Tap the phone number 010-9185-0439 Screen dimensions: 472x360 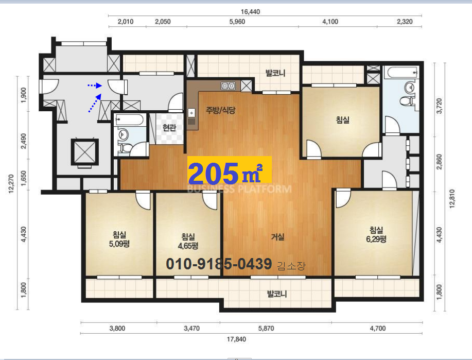[219, 264]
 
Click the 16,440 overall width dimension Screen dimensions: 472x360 [250, 12]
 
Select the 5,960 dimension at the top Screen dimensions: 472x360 [237, 22]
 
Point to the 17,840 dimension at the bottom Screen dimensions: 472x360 [236, 339]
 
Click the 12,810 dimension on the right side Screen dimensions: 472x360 [452, 199]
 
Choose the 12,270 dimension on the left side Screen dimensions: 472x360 [11, 184]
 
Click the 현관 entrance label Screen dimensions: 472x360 [169, 128]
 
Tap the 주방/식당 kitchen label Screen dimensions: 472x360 [221, 110]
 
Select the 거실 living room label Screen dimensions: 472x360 [277, 237]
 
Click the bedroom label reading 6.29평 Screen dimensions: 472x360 [376, 235]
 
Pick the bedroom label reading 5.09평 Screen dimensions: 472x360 [119, 239]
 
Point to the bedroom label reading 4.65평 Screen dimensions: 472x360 [188, 242]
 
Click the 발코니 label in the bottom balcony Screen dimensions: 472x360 [277, 294]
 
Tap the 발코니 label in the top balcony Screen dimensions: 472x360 [275, 73]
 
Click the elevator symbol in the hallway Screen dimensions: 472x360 [85, 152]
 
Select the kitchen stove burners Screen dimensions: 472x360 [228, 87]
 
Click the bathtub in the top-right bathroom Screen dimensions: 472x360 [401, 73]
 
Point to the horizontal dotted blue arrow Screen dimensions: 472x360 [95, 85]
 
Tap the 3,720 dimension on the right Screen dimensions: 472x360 [439, 106]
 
